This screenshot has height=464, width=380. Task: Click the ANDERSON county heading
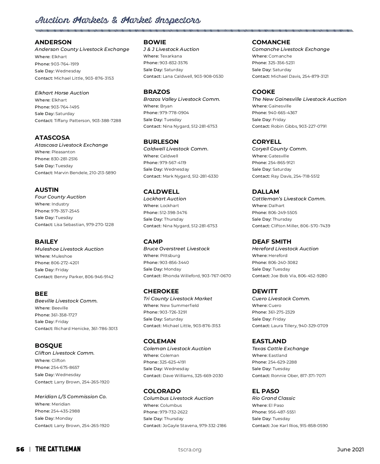(x=53, y=42)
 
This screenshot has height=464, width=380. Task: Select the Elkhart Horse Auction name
(x=62, y=93)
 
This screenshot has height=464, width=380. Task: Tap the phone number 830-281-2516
(x=64, y=159)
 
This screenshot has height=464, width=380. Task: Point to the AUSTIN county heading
(x=47, y=190)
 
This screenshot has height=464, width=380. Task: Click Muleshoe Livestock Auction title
(x=69, y=249)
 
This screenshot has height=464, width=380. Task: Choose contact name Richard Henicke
(x=72, y=329)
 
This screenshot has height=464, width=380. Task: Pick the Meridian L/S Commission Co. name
(x=71, y=397)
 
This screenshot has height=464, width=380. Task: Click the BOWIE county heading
(x=155, y=42)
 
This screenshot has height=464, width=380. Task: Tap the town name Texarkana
(x=171, y=56)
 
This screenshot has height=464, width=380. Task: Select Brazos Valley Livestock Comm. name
(x=182, y=99)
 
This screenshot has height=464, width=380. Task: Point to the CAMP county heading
(x=153, y=242)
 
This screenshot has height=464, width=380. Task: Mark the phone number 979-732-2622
(x=174, y=412)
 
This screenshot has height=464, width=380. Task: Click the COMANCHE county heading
(x=271, y=42)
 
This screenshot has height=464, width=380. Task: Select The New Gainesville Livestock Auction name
(x=299, y=99)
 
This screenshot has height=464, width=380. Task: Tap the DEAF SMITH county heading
(x=272, y=242)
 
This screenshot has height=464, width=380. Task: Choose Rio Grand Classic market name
(x=274, y=398)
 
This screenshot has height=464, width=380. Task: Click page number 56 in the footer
(x=20, y=449)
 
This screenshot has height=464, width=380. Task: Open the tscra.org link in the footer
(x=190, y=450)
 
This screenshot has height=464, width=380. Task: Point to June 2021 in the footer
(x=350, y=450)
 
